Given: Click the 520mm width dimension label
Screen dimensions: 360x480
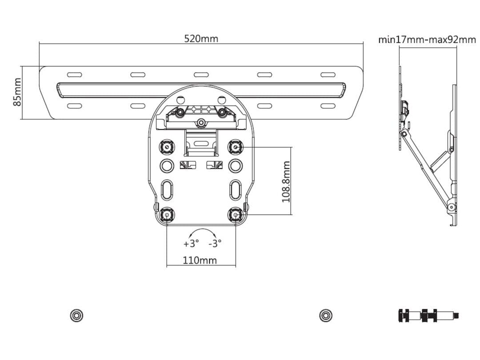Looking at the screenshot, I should pos(201,39).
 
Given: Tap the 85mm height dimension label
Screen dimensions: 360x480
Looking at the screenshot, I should pos(17,92).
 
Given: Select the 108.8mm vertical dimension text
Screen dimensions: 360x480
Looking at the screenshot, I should pos(286,182).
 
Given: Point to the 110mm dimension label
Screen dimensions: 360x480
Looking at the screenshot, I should pos(200,260).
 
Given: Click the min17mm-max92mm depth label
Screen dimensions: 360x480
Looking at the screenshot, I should pos(427,40).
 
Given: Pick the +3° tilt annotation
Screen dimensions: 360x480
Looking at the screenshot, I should pos(191,244).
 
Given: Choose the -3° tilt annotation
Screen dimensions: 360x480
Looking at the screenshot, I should pos(215,244).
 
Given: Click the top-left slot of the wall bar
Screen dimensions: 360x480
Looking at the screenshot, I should pos(74,75).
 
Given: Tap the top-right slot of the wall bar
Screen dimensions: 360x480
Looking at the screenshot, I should pos(328,75).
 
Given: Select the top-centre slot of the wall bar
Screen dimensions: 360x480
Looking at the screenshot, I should pos(201,75).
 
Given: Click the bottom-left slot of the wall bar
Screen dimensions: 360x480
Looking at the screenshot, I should pos(74,106).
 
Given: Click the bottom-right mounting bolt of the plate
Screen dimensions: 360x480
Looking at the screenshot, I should pos(235,215).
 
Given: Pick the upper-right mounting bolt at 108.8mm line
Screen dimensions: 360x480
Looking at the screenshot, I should pos(235,146).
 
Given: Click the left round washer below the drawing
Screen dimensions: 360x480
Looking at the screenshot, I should pos(77,316).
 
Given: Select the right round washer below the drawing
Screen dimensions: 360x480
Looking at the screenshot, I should pos(326,316).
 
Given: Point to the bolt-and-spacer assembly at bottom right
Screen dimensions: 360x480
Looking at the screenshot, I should pos(428,316).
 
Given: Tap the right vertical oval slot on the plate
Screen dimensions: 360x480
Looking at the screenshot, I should pos(235,190).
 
